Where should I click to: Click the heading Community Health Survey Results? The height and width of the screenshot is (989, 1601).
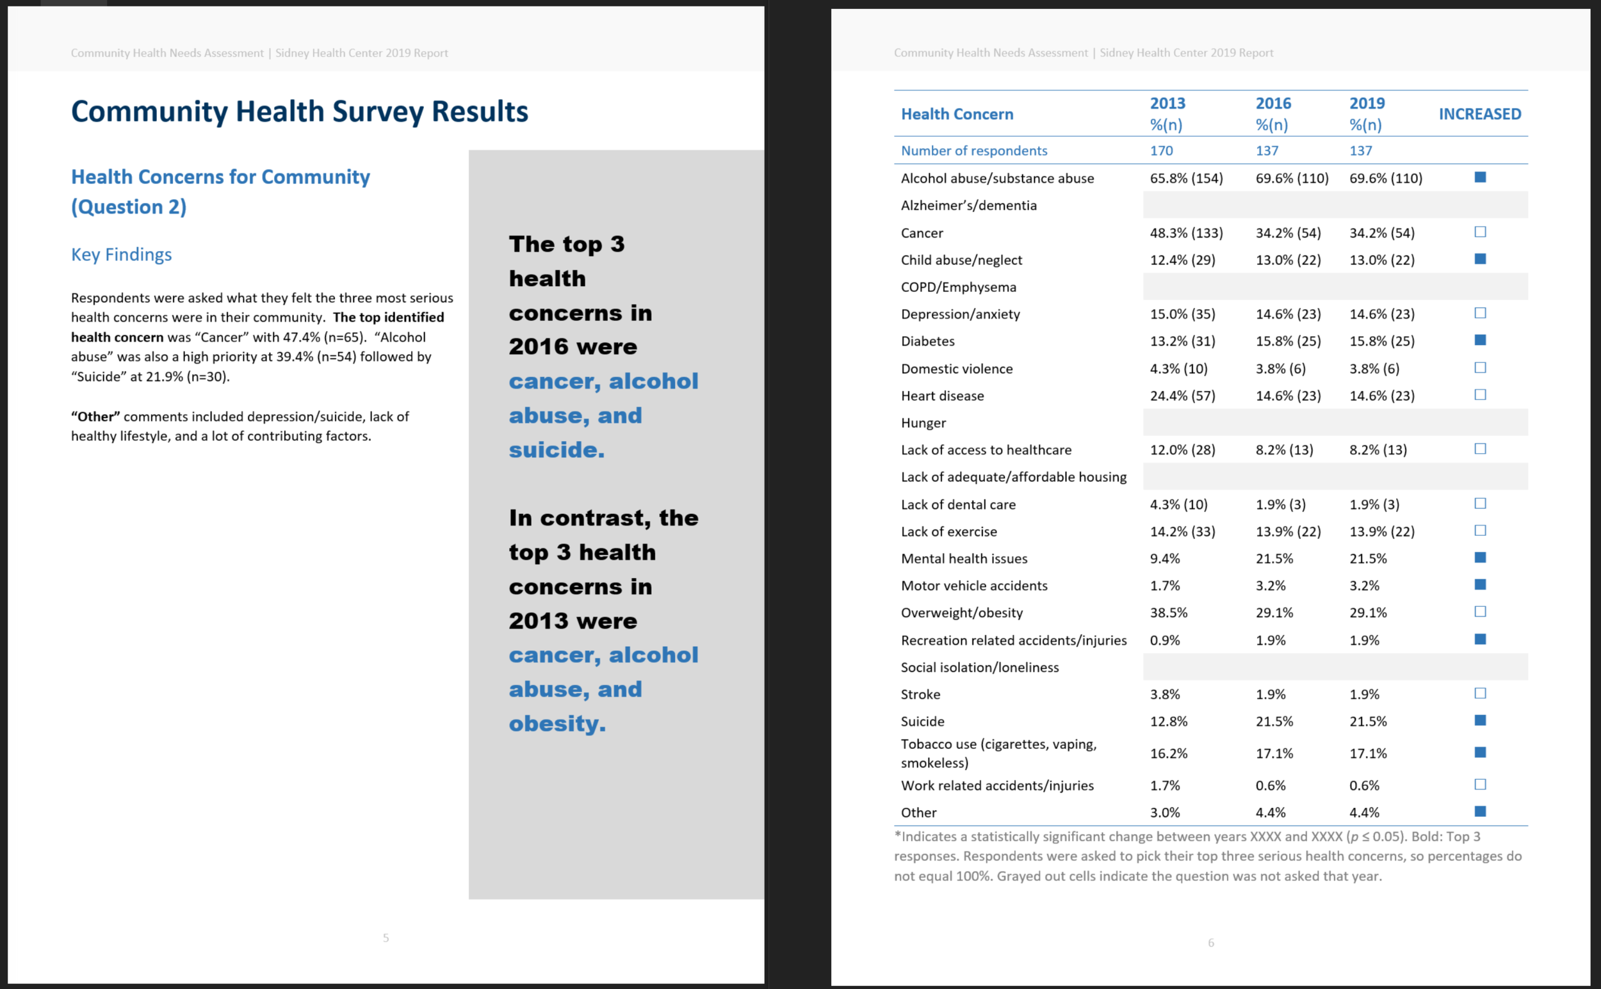299,112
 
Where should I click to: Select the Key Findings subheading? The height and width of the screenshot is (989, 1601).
121,254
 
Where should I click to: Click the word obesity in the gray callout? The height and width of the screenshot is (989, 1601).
557,723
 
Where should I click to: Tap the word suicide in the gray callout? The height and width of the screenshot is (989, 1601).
556,450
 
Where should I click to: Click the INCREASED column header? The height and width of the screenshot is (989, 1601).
1479,114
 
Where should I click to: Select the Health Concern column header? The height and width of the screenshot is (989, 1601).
957,114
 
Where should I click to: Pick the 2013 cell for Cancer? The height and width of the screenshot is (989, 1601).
1185,233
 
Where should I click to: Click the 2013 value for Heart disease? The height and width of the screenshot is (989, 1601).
1182,396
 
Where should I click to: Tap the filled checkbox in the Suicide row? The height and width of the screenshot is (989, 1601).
1480,720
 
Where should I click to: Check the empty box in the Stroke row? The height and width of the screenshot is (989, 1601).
1480,693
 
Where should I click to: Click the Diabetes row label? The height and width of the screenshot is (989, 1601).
927,341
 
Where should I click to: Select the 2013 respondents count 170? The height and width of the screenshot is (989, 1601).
1160,150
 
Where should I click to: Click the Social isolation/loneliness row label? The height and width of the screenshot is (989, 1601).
979,667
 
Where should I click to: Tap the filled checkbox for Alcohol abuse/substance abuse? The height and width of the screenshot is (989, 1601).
1480,177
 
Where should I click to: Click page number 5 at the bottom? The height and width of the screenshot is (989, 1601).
386,938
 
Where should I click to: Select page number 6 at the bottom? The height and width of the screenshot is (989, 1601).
1210,942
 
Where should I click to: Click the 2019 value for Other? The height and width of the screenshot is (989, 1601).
1364,812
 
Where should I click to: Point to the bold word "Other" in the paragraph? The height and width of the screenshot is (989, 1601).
95,417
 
